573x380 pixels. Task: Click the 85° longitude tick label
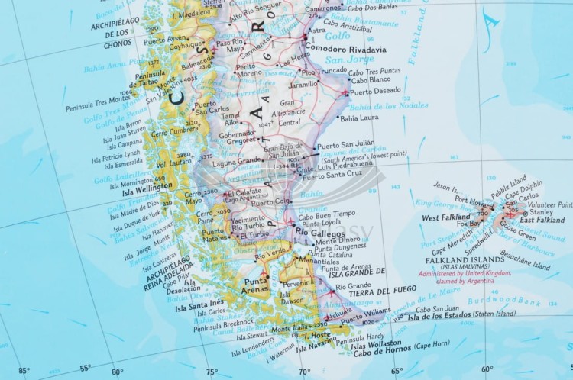pos(24,372)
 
